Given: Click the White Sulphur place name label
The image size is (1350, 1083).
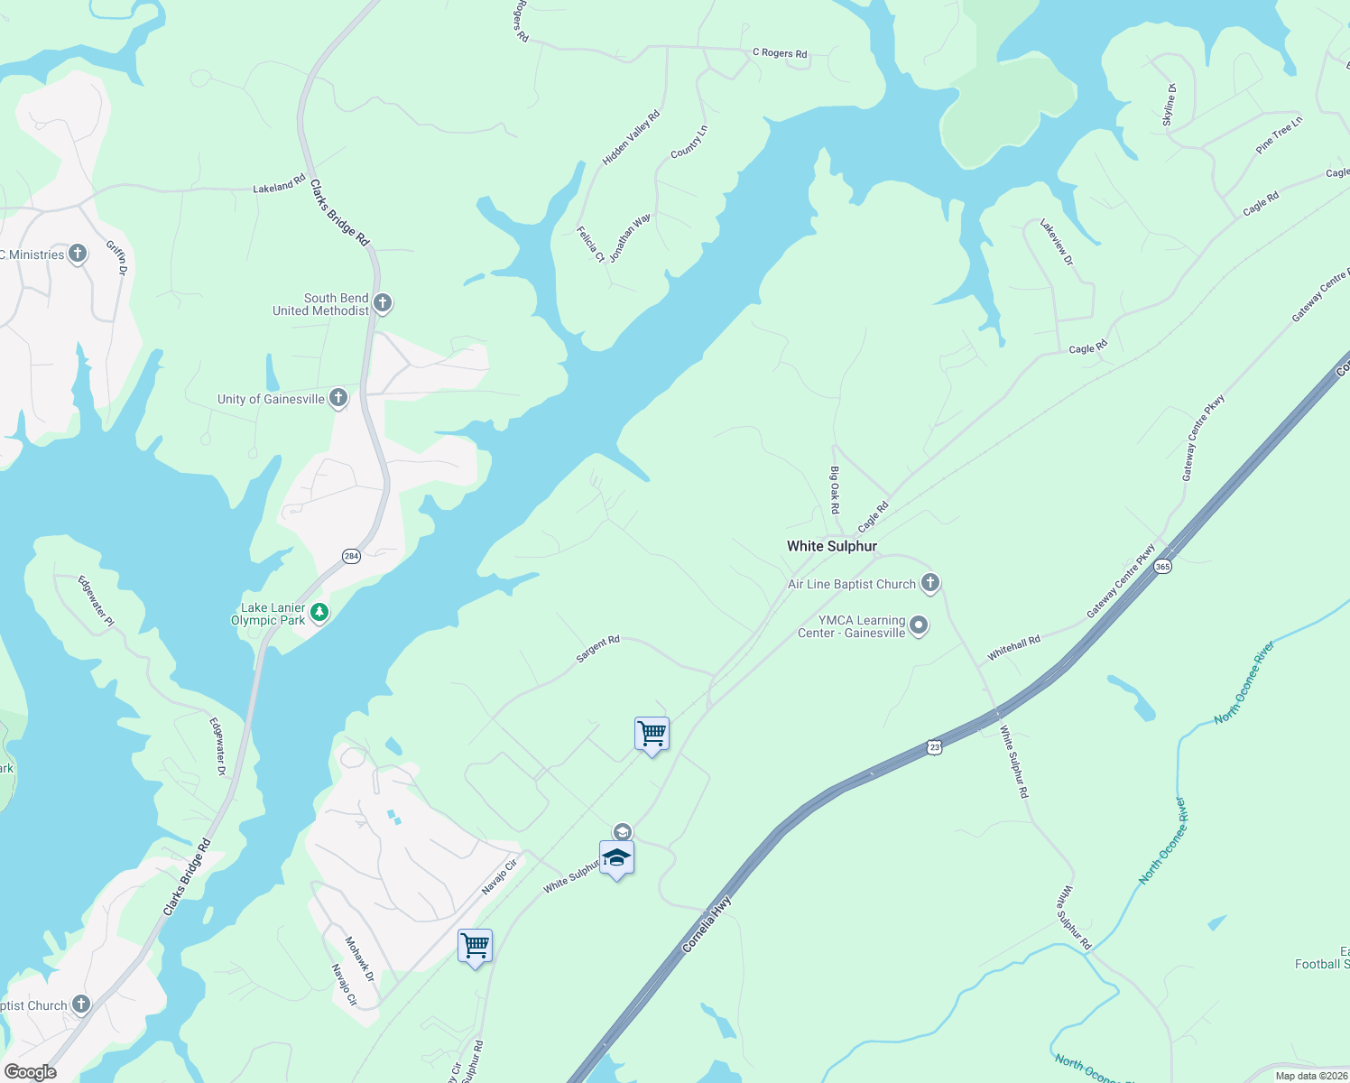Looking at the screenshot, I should pyautogui.click(x=831, y=546).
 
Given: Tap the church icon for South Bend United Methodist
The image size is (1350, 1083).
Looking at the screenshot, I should pyautogui.click(x=383, y=303).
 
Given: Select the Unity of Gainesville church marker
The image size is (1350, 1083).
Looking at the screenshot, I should pyautogui.click(x=338, y=398).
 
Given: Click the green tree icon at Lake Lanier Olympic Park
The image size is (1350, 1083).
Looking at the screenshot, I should pyautogui.click(x=319, y=613).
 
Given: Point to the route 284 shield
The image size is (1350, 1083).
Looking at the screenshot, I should pyautogui.click(x=351, y=556).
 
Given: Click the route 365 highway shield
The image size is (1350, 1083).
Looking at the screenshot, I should pyautogui.click(x=1162, y=567).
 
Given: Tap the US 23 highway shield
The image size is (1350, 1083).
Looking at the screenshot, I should pyautogui.click(x=934, y=747).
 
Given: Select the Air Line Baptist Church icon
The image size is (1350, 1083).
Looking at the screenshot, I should pyautogui.click(x=930, y=584).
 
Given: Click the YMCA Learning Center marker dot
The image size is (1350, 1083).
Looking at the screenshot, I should pyautogui.click(x=919, y=625).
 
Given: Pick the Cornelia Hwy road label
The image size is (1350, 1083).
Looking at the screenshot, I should pyautogui.click(x=707, y=924).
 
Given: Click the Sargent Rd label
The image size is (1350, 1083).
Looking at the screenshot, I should pyautogui.click(x=597, y=649).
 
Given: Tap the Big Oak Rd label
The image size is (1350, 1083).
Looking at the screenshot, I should pyautogui.click(x=835, y=490).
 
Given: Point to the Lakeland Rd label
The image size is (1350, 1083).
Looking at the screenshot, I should pyautogui.click(x=279, y=186).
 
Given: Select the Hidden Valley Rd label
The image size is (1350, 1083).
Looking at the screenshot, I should pyautogui.click(x=631, y=137).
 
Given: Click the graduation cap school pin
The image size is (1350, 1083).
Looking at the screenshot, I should pyautogui.click(x=616, y=858).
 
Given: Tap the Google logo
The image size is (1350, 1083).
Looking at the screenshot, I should pyautogui.click(x=31, y=1071).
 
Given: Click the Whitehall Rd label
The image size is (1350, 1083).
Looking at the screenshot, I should pyautogui.click(x=1013, y=647).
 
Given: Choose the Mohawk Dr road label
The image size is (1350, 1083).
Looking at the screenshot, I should pyautogui.click(x=359, y=959).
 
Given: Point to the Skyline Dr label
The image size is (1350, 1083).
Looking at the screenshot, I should pyautogui.click(x=1170, y=105).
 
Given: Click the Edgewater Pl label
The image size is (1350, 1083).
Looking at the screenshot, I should pyautogui.click(x=96, y=601).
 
